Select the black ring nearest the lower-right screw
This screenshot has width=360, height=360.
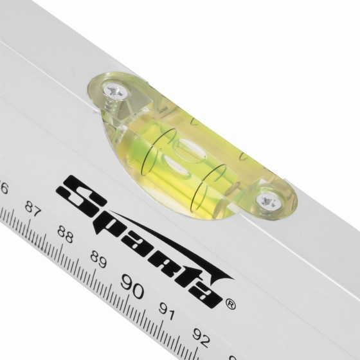click(x=206, y=187)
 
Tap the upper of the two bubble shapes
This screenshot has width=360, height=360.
click(x=188, y=148)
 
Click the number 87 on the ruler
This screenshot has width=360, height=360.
click(x=33, y=209)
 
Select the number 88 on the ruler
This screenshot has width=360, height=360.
click(x=65, y=234)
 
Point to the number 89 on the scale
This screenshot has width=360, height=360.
click(x=98, y=260)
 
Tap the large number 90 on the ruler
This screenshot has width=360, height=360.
click(x=132, y=285)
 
